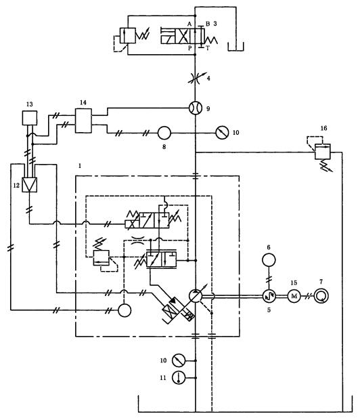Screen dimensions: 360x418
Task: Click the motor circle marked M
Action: coord(294,296)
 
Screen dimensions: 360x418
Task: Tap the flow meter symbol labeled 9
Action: coord(196,108)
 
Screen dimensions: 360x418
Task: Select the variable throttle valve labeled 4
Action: coord(195,79)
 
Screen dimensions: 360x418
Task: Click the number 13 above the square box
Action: coord(30,104)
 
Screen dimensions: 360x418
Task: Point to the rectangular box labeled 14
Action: coord(83,121)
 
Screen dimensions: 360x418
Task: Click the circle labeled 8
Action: coord(164,133)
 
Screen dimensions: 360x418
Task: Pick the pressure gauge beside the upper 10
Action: coord(222,133)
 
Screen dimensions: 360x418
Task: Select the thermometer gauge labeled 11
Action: coord(179,378)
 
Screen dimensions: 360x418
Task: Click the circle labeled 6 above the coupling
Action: coord(269,259)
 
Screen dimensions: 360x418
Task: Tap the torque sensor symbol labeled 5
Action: coord(269,296)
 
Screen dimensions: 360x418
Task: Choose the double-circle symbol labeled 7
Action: coord(321,296)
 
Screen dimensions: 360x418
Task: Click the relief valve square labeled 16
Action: coord(323,152)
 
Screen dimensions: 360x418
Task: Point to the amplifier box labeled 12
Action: coord(29,184)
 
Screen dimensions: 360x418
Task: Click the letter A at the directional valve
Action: coord(189,24)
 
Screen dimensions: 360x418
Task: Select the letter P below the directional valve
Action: coord(190,48)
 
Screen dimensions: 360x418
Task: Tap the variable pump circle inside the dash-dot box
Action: coord(196,296)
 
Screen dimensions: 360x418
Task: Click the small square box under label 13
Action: coord(29,118)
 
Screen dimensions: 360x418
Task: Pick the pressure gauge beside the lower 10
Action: coord(179,360)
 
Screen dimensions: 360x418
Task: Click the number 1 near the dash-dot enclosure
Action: coord(80,166)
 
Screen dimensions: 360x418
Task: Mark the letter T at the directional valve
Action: coord(208,48)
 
